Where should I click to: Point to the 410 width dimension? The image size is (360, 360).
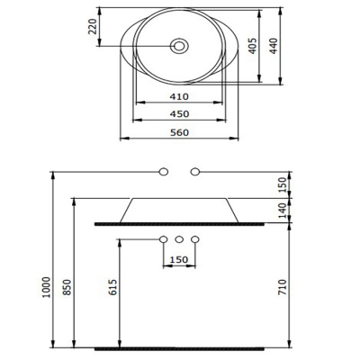(179, 98)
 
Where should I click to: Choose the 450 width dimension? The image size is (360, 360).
(179, 115)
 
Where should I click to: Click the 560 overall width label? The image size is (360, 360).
(179, 132)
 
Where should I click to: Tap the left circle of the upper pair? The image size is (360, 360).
(164, 170)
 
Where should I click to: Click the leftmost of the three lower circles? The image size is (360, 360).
(164, 239)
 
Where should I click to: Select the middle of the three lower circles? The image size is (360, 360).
(179, 239)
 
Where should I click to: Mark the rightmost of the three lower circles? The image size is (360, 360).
(194, 239)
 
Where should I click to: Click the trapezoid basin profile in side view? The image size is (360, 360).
(179, 209)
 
